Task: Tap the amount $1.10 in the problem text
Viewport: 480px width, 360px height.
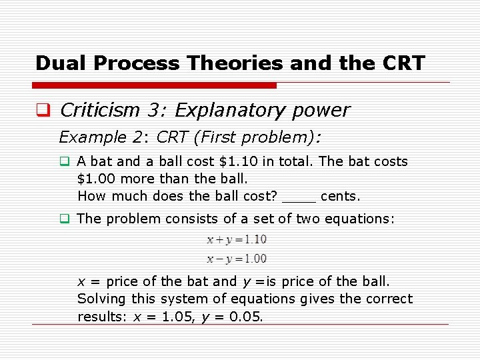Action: pos(237,161)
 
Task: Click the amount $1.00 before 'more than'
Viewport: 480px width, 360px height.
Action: pos(95,179)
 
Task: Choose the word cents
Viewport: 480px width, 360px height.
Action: pos(340,196)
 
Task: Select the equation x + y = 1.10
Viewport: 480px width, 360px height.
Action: pos(237,239)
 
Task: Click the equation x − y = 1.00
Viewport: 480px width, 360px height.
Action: pos(237,259)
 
